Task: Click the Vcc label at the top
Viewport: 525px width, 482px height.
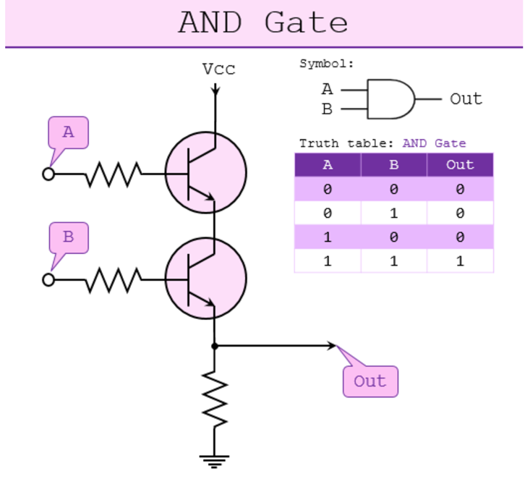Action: [218, 69]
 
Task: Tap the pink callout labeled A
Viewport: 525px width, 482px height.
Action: [68, 133]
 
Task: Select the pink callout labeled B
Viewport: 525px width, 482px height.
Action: [69, 237]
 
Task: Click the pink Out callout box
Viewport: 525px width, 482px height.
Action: [370, 381]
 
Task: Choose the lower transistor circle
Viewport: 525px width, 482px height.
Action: [206, 279]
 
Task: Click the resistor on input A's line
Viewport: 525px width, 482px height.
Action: [113, 174]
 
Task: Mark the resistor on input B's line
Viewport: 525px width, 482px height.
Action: [113, 280]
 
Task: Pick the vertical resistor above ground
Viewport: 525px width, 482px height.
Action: [214, 399]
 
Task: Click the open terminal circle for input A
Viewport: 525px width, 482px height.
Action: [48, 174]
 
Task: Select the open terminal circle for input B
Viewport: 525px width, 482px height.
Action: [48, 280]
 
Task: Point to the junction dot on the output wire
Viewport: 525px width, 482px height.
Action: [214, 346]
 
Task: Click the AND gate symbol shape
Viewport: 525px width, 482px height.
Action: [391, 99]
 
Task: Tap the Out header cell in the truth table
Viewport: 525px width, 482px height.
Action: [460, 165]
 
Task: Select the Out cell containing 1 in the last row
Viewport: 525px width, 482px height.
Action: [460, 261]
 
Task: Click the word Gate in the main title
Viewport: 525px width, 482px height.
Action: [306, 23]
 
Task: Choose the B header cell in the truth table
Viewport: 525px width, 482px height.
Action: [394, 165]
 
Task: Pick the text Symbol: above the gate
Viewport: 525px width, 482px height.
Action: [327, 64]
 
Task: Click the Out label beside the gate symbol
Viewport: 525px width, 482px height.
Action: [466, 99]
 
